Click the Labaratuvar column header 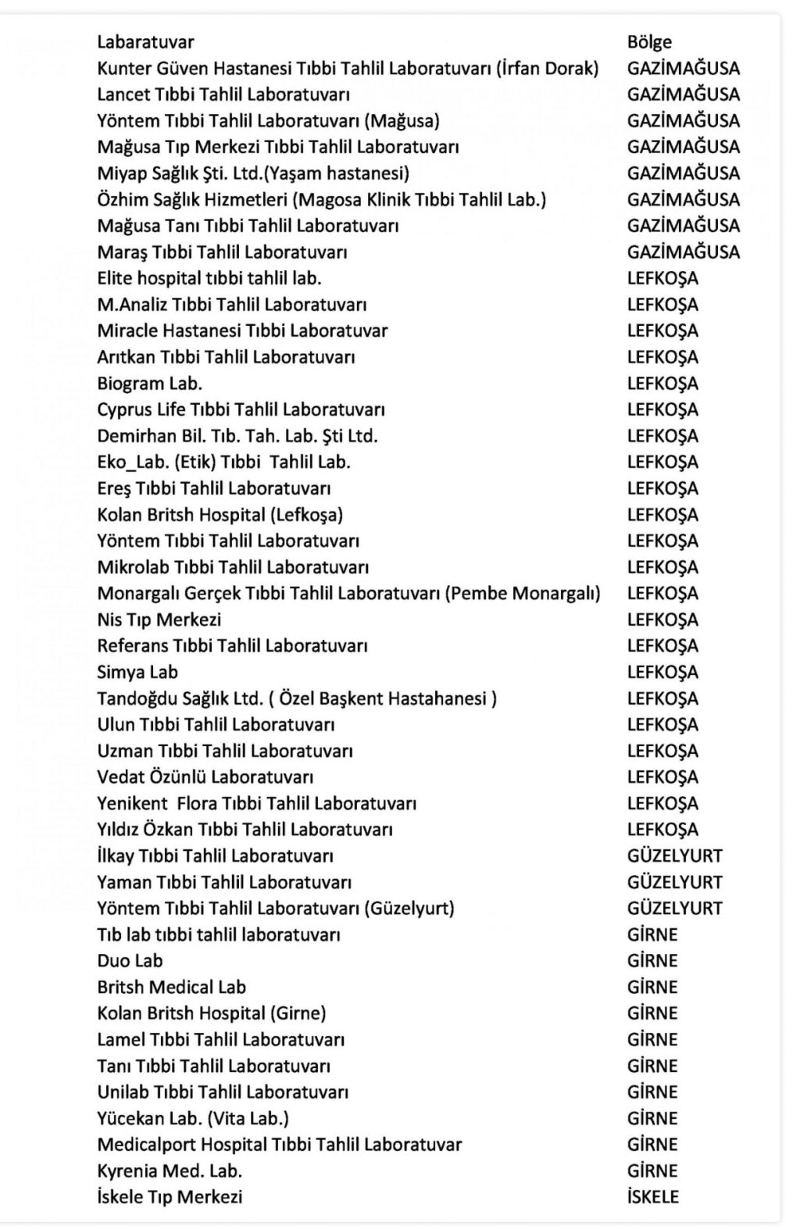click(145, 42)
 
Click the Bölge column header click(648, 42)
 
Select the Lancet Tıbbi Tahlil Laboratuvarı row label click(223, 95)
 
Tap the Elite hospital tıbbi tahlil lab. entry click(209, 278)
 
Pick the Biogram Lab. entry click(149, 384)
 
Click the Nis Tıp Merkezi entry click(159, 620)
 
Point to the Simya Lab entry click(137, 672)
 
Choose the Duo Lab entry click(130, 961)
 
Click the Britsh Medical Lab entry click(171, 987)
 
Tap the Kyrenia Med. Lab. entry click(170, 1171)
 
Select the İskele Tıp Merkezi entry click(170, 1197)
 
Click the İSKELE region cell click(652, 1197)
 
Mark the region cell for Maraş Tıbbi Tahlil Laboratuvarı click(683, 252)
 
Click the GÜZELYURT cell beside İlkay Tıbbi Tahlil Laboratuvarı click(674, 856)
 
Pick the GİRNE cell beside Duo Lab click(652, 961)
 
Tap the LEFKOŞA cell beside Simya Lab click(662, 672)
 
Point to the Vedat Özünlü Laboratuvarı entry click(205, 777)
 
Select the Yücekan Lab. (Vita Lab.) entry click(193, 1119)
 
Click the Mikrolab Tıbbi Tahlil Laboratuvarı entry click(233, 567)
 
